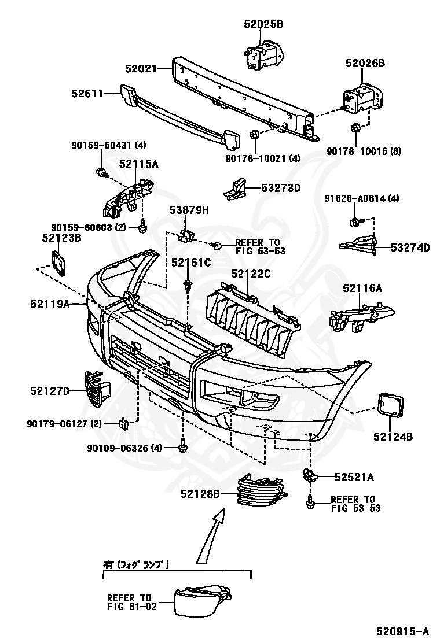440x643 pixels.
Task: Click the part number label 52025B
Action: coord(263,24)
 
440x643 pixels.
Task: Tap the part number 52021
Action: coord(141,68)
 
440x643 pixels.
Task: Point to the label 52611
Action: coord(87,93)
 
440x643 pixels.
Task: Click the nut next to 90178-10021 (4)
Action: coord(254,135)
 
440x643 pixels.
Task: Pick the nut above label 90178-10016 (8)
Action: coord(357,128)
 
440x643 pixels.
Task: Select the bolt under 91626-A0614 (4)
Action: coord(354,221)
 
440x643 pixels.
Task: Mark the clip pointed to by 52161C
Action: coord(188,285)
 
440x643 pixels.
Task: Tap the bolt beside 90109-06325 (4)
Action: coord(183,446)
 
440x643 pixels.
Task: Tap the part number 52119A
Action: coord(50,302)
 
